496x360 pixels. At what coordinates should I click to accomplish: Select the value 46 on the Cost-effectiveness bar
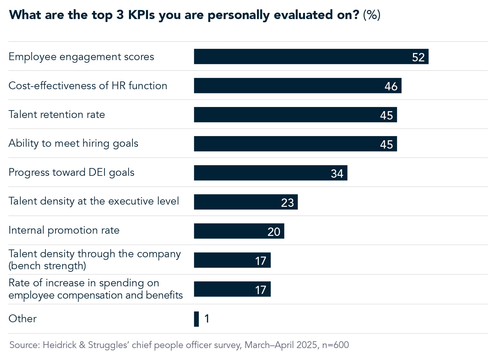tap(391, 86)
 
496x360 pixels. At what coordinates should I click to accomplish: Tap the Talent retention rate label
tap(57, 114)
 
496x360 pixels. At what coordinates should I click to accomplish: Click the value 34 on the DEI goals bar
tap(337, 174)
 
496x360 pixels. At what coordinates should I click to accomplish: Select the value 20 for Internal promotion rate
tap(274, 232)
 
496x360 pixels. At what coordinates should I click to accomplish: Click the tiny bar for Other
tap(196, 319)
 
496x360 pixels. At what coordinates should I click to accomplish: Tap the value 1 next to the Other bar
tap(207, 319)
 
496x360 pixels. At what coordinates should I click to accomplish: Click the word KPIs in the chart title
tap(141, 15)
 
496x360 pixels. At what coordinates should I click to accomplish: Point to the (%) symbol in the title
tap(372, 15)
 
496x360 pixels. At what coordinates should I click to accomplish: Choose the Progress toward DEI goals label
tap(71, 173)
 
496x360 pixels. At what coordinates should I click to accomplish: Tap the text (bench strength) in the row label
tap(47, 266)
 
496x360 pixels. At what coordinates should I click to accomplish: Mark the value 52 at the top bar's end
tap(418, 57)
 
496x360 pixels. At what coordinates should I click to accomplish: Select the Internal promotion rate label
tap(64, 230)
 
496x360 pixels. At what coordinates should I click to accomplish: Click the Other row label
tap(22, 319)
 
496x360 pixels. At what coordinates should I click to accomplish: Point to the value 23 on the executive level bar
tap(287, 203)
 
